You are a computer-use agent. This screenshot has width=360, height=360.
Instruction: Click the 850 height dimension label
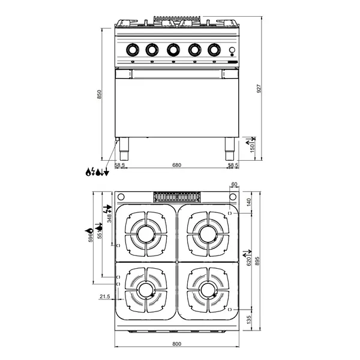[99, 94]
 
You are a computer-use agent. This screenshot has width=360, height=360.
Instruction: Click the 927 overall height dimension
[259, 89]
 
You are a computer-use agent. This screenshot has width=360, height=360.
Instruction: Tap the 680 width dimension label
[177, 165]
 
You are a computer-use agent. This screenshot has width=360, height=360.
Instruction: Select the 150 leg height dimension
[252, 148]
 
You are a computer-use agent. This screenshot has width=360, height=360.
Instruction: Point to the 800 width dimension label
[177, 344]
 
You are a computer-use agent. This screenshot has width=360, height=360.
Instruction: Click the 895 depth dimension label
[257, 261]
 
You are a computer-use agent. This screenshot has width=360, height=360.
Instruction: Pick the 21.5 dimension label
[104, 296]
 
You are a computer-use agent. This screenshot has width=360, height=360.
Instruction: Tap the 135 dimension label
[249, 320]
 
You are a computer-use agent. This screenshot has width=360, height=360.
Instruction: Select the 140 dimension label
[249, 202]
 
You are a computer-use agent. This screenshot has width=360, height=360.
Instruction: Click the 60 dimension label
[234, 184]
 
